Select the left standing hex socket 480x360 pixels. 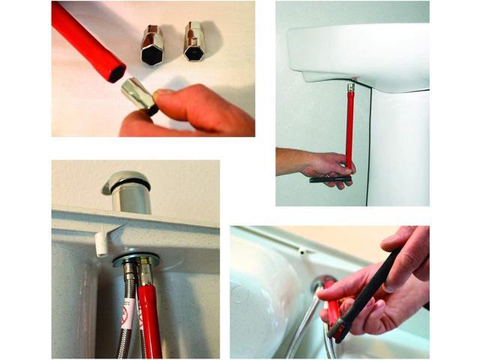(152, 45)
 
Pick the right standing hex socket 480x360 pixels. (194, 41)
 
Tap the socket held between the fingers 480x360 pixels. (139, 94)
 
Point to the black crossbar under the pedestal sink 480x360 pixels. (330, 178)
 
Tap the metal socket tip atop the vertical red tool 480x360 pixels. (350, 88)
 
